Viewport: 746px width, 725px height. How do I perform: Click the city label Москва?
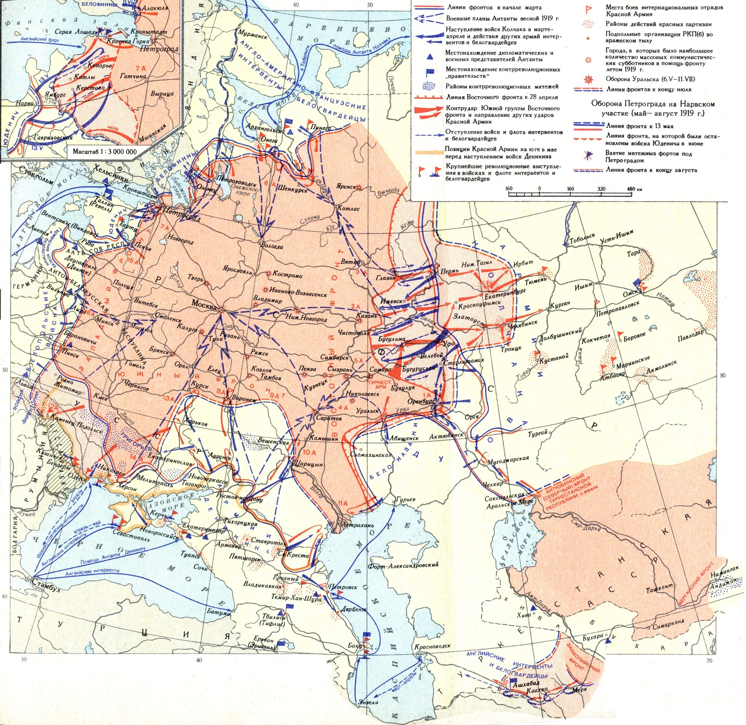[204, 305]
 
